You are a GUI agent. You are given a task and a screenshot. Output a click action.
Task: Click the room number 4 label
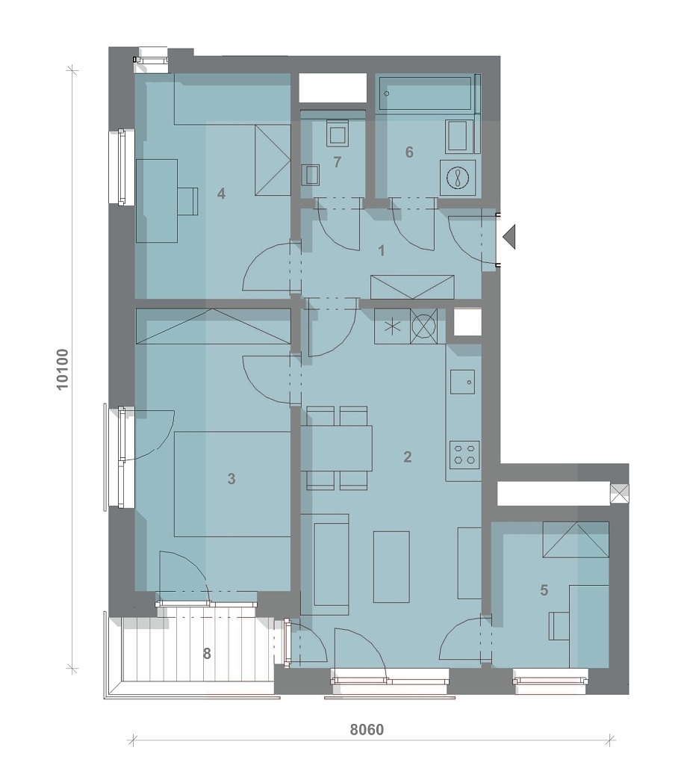(221, 194)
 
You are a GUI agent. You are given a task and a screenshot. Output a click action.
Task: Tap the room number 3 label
(231, 479)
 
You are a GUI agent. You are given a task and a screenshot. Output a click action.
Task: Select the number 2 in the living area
(408, 457)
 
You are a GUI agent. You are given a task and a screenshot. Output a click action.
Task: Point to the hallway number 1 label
(382, 251)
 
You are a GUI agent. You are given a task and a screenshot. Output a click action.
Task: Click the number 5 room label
(544, 590)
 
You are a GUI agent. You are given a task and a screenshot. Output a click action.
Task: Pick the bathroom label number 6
(409, 152)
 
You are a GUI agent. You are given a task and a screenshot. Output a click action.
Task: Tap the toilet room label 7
(338, 162)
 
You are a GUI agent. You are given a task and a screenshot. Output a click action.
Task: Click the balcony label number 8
(207, 654)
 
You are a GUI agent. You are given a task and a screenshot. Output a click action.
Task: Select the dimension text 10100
(63, 369)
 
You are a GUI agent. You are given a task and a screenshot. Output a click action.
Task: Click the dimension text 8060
(367, 729)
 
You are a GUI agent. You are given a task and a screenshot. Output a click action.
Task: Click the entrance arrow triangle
(509, 237)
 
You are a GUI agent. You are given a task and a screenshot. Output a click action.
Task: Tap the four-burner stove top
(464, 455)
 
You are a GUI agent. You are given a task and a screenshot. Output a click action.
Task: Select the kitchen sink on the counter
(462, 382)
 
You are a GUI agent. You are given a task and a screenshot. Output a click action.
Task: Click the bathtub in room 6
(426, 93)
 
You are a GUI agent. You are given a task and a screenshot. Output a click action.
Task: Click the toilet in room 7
(338, 133)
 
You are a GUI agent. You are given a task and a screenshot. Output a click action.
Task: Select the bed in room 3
(232, 484)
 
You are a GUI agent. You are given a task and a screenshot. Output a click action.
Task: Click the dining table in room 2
(337, 448)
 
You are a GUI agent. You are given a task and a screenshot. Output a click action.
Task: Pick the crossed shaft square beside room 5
(620, 494)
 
